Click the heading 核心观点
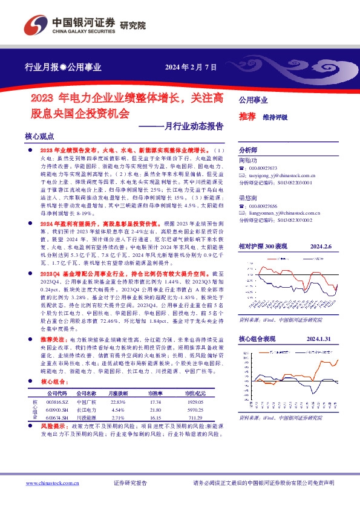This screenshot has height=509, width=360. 40,137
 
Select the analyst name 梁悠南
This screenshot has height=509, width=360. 247,198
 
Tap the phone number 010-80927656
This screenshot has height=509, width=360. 262,206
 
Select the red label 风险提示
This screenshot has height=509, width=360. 53,443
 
